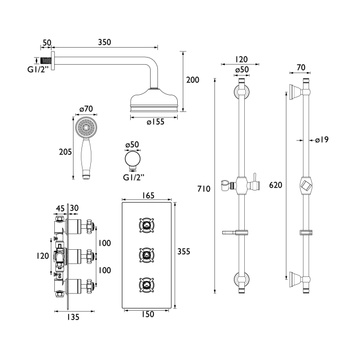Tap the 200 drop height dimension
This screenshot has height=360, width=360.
(192, 80)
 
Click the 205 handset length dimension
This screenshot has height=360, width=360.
(65, 151)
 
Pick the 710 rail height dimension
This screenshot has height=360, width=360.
(203, 189)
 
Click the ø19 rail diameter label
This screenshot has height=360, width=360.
(322, 140)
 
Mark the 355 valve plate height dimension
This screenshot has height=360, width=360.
(184, 251)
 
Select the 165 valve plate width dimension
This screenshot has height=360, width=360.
(148, 196)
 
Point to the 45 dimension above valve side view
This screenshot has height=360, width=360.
(60, 208)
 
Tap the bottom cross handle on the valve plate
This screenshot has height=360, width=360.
(146, 285)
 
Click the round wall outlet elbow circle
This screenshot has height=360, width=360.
(132, 161)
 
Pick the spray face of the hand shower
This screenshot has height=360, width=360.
(85, 127)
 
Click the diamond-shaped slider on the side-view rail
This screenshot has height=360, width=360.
(305, 185)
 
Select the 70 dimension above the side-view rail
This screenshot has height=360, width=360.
(301, 68)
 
